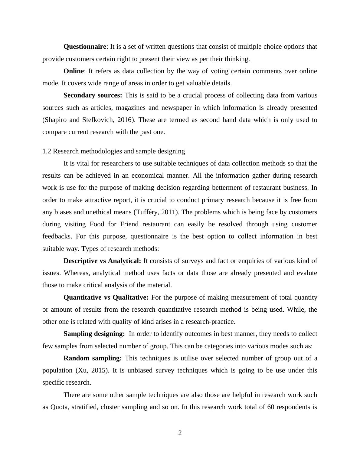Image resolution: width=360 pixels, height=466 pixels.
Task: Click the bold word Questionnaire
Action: [x=85, y=47]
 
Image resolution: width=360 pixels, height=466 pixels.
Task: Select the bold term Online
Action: [x=74, y=71]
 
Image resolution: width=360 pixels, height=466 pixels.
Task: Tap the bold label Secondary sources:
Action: [x=93, y=96]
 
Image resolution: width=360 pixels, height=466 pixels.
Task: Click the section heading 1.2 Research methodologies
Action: [x=113, y=151]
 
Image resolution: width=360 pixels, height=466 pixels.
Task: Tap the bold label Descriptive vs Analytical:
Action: [x=102, y=261]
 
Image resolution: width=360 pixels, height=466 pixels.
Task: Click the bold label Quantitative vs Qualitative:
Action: [x=106, y=297]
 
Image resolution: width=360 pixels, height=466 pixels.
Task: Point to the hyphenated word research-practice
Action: [x=208, y=322]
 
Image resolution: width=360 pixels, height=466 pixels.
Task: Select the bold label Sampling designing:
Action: [x=94, y=334]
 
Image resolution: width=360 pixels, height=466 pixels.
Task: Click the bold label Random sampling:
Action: [x=93, y=358]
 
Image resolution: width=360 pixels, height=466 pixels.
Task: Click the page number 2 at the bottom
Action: [x=180, y=433]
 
